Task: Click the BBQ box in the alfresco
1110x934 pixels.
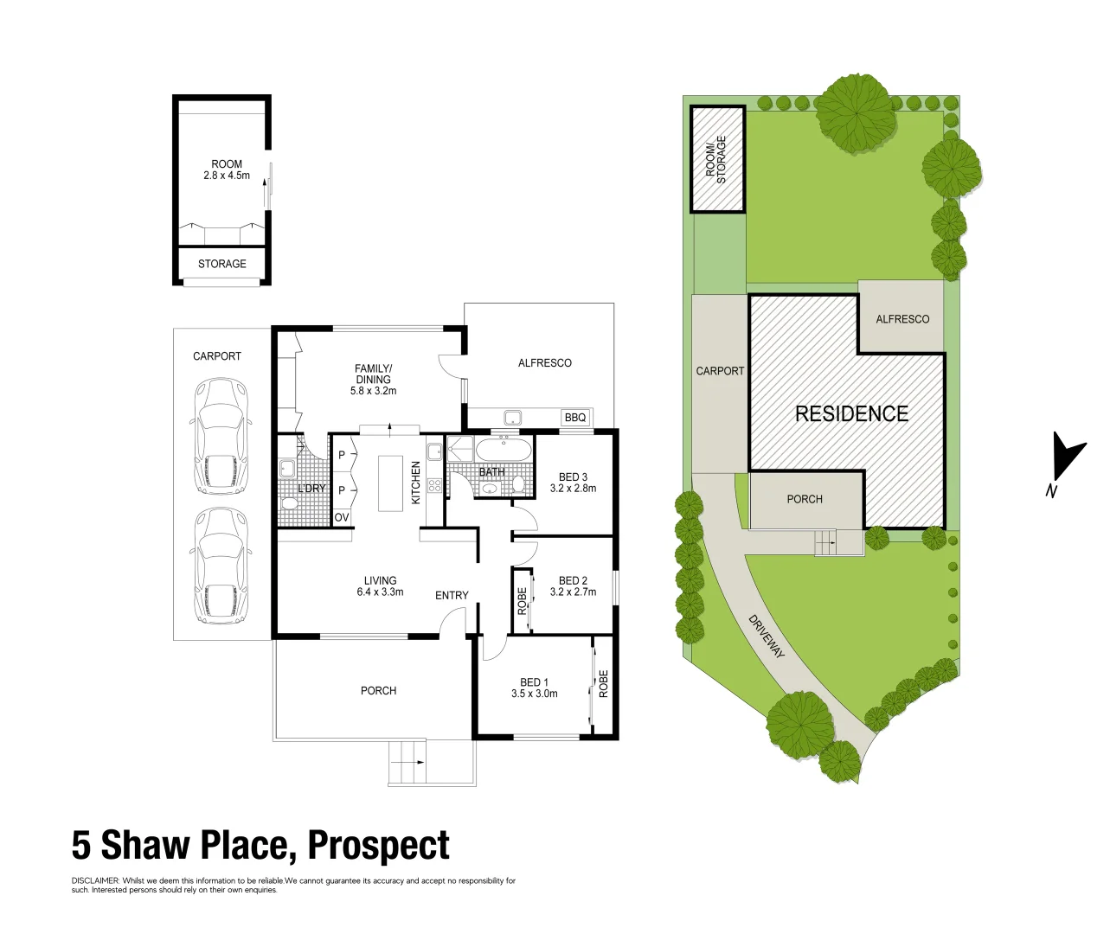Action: (x=575, y=418)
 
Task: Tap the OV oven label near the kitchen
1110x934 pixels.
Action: (x=342, y=518)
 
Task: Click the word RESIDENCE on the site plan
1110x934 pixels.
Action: (x=851, y=413)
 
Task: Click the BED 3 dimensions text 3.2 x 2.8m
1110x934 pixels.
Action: (x=573, y=489)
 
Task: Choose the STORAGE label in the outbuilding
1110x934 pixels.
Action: (x=222, y=264)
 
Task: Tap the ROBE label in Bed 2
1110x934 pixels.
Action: (x=522, y=600)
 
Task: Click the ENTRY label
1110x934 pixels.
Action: (x=452, y=595)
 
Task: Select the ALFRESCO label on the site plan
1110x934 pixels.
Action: (x=902, y=319)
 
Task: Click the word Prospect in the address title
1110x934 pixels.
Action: (x=379, y=846)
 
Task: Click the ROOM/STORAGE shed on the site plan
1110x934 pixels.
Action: (x=716, y=158)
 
